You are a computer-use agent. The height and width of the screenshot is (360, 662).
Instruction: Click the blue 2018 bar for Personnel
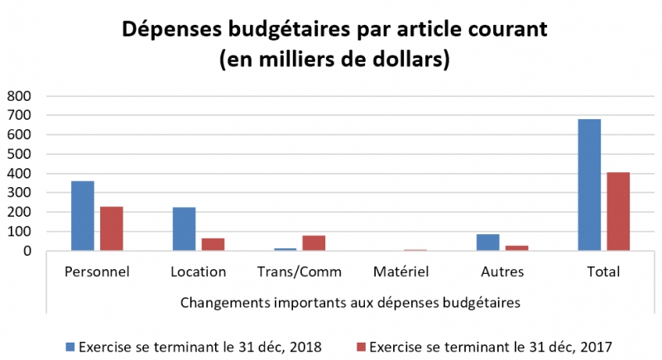(x=83, y=215)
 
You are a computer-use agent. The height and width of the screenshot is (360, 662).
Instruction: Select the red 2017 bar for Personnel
(x=112, y=228)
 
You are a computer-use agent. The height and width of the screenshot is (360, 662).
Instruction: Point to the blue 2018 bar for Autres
(x=488, y=242)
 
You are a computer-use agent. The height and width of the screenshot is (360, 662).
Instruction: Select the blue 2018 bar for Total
(x=589, y=185)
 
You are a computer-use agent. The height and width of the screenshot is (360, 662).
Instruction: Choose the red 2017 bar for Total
(x=618, y=211)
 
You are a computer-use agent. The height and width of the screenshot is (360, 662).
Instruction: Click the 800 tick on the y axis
(x=19, y=96)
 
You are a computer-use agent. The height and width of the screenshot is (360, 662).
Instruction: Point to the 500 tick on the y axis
(x=19, y=154)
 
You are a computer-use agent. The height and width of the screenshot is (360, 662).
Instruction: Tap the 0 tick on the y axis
(x=26, y=251)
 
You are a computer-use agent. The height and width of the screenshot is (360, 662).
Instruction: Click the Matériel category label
(x=401, y=271)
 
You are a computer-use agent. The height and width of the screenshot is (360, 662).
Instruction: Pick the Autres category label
(x=501, y=271)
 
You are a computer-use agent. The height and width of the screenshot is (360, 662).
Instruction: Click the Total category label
(x=602, y=271)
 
